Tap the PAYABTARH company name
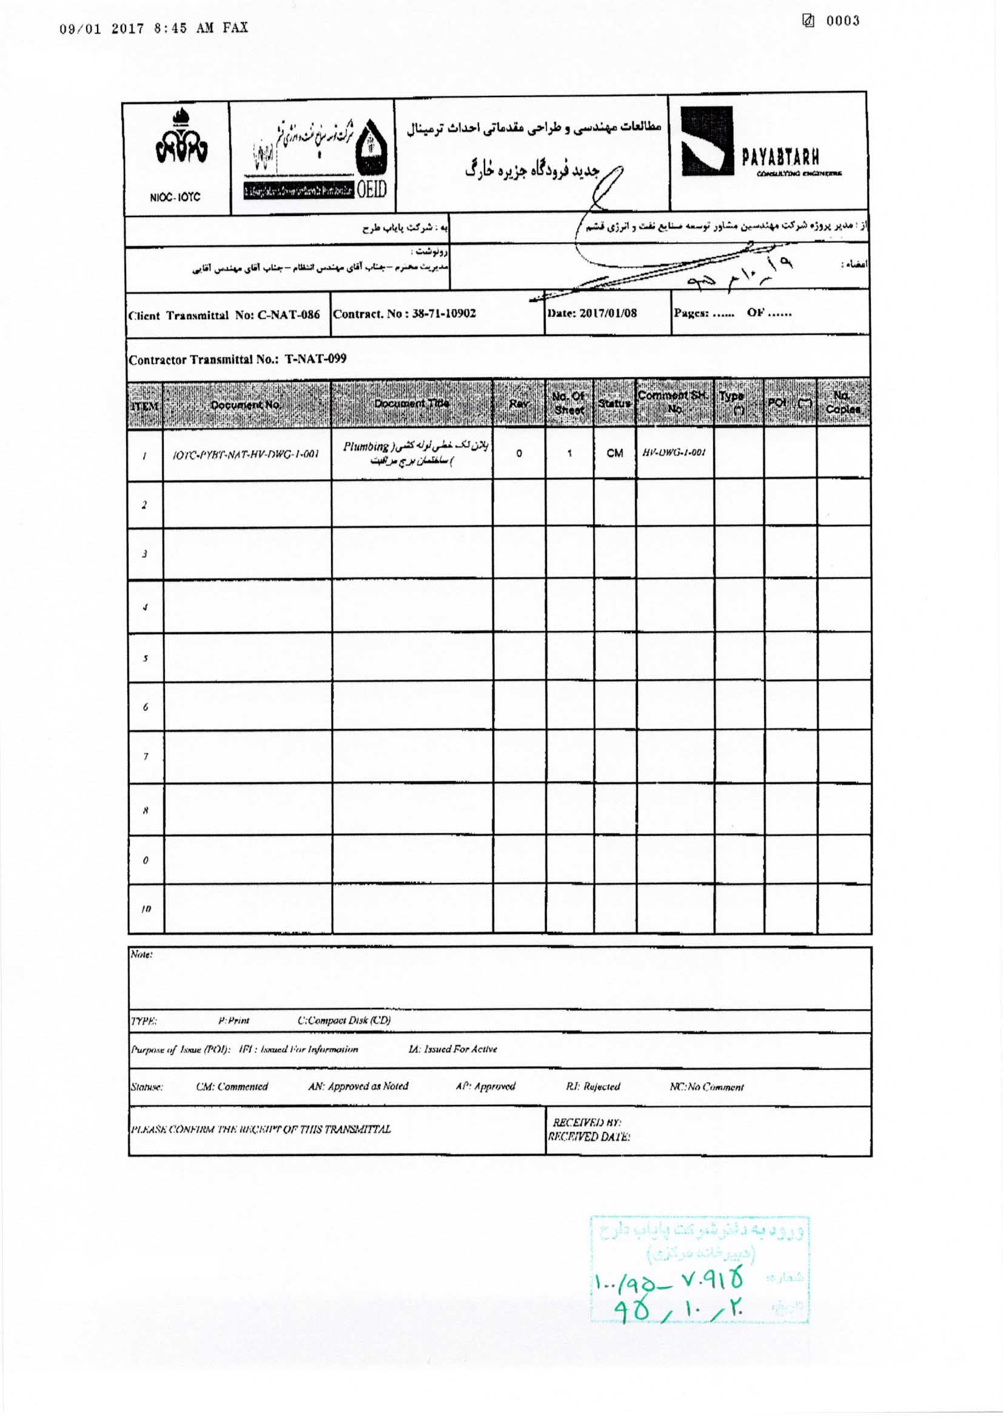[x=780, y=158]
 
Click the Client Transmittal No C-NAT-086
[x=224, y=315]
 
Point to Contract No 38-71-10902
[x=404, y=313]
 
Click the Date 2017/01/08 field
[x=592, y=313]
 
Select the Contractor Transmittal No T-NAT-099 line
[x=237, y=360]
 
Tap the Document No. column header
[x=246, y=405]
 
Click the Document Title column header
[x=411, y=404]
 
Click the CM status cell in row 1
[x=614, y=453]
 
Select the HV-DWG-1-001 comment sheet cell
[x=674, y=452]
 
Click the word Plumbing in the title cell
[x=366, y=446]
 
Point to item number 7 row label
[x=145, y=756]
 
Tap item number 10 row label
[x=146, y=909]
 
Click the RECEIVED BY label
[x=587, y=1122]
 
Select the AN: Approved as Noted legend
[x=358, y=1086]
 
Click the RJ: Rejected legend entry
[x=592, y=1086]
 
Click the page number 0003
[x=842, y=21]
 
